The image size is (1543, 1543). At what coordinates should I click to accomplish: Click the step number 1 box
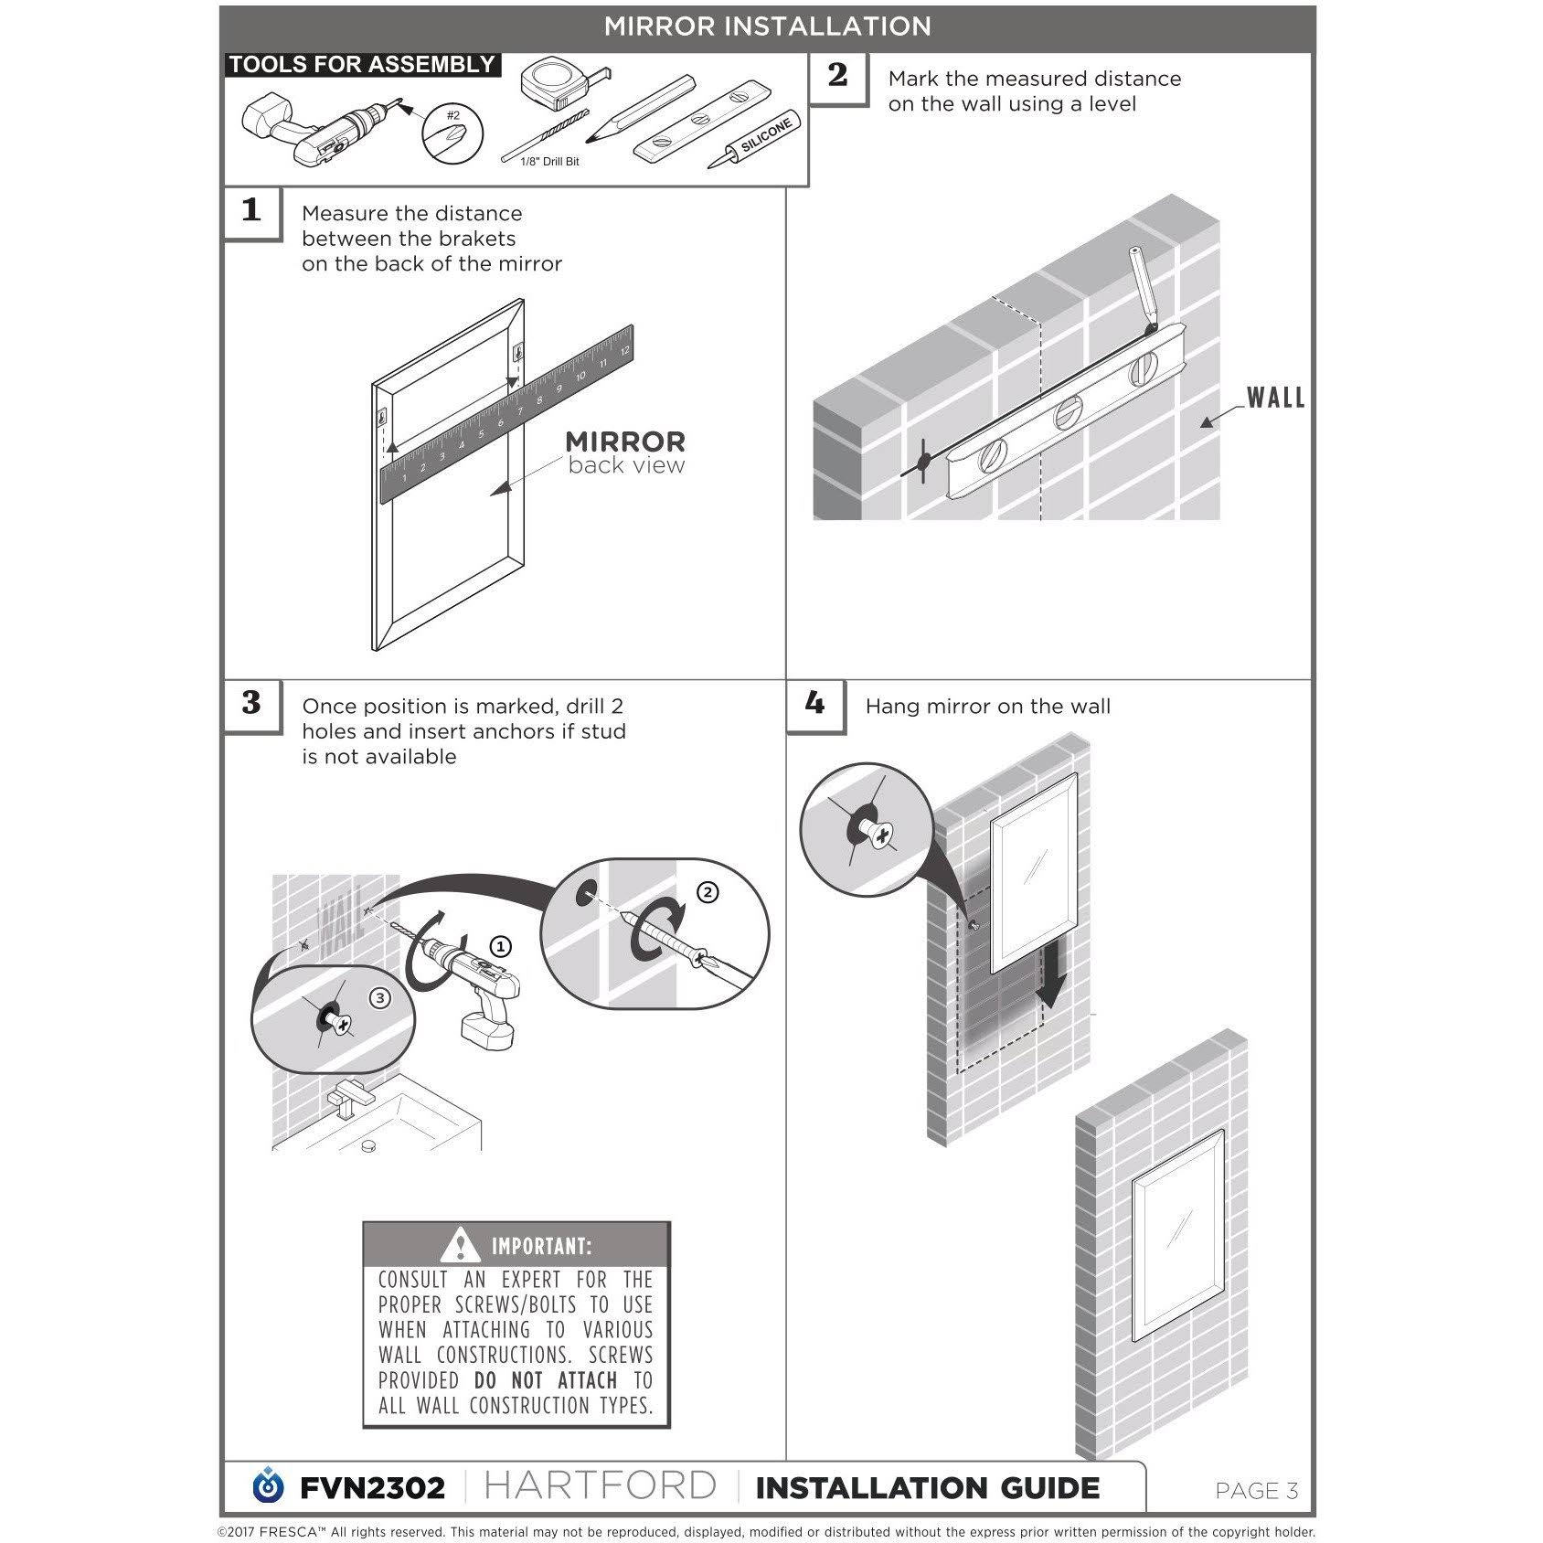pos(252,212)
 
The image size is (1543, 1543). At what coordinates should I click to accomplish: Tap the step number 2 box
pos(838,77)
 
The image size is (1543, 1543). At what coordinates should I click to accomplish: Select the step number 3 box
pos(252,705)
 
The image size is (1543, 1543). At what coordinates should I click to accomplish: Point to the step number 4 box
pos(815,705)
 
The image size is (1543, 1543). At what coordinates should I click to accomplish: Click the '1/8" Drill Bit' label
pos(549,162)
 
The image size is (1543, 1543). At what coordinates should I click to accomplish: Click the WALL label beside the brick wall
pos(1276,398)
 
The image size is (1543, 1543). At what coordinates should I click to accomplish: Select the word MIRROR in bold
pos(625,442)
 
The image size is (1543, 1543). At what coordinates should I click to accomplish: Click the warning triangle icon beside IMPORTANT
pos(460,1245)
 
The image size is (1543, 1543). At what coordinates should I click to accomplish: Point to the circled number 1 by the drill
pos(500,946)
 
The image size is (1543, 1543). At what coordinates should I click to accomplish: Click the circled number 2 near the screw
pos(708,893)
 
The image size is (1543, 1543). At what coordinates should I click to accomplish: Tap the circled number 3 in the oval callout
pos(379,998)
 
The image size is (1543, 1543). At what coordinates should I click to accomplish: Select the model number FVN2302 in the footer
pos(372,1488)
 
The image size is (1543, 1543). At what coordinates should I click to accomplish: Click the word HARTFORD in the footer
pos(600,1486)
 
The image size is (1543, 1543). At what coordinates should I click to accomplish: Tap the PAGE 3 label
pos(1257,1491)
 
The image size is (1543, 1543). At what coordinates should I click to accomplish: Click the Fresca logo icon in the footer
pos(268,1485)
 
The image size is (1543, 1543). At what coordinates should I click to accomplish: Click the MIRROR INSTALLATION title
pos(768,27)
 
